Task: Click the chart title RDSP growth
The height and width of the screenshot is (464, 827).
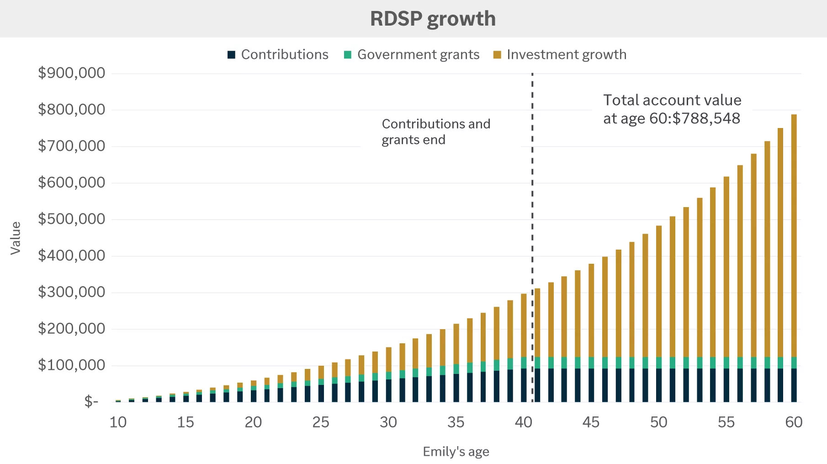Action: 433,19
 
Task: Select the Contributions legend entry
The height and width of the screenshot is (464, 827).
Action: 278,54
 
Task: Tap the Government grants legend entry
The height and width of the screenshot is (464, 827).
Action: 412,54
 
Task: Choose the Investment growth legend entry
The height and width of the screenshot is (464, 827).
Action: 560,54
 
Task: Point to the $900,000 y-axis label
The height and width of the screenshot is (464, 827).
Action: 71,73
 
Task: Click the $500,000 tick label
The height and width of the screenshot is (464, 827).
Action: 71,219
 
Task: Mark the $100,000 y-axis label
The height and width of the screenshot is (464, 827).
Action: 71,365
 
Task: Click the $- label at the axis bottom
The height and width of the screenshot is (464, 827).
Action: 91,401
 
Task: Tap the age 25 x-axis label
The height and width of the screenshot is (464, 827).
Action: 321,422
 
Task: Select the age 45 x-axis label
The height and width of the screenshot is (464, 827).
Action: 591,422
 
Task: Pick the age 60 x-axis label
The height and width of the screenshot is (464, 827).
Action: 794,422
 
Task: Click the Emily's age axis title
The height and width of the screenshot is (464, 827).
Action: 456,452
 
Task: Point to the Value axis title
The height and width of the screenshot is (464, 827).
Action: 16,238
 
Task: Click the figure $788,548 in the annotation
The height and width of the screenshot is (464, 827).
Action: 706,118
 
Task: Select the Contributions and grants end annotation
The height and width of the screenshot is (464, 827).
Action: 436,132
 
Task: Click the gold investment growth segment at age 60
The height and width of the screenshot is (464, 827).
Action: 794,235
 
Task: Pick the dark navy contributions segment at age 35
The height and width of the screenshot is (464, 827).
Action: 456,388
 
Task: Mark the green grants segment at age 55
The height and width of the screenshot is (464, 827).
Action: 726,363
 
